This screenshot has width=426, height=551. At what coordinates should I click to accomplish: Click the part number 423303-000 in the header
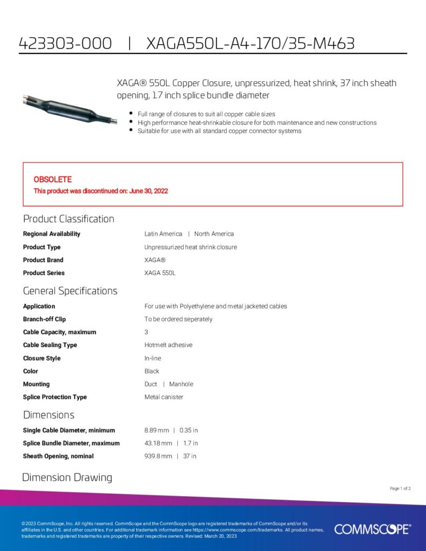click(x=65, y=44)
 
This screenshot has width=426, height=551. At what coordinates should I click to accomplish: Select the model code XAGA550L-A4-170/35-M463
click(x=250, y=44)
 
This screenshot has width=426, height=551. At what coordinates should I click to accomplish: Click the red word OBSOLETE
click(x=53, y=179)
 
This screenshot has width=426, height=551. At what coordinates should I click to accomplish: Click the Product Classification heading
click(x=68, y=219)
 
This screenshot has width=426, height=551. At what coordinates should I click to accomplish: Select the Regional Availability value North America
click(x=214, y=234)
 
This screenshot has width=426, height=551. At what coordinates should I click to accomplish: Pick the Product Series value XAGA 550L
click(x=160, y=273)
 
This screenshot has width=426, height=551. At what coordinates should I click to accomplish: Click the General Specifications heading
click(x=70, y=291)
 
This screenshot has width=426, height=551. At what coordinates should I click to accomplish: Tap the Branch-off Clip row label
click(x=44, y=319)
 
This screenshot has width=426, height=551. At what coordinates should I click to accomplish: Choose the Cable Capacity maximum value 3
click(x=146, y=332)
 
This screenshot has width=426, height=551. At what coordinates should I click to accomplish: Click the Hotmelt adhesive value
click(x=168, y=345)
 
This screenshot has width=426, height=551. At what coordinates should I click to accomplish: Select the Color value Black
click(x=152, y=371)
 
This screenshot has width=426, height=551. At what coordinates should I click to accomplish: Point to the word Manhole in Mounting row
click(x=181, y=384)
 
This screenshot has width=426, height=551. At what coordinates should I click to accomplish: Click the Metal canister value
click(x=164, y=397)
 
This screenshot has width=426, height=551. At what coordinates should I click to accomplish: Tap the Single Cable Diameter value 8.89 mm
click(x=157, y=430)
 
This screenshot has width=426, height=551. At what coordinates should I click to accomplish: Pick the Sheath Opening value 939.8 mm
click(x=158, y=456)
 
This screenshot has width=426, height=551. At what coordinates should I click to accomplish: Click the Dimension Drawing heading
click(x=67, y=478)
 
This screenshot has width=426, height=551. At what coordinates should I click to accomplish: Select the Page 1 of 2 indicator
click(x=400, y=489)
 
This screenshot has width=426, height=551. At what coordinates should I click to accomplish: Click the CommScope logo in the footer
click(x=372, y=529)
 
